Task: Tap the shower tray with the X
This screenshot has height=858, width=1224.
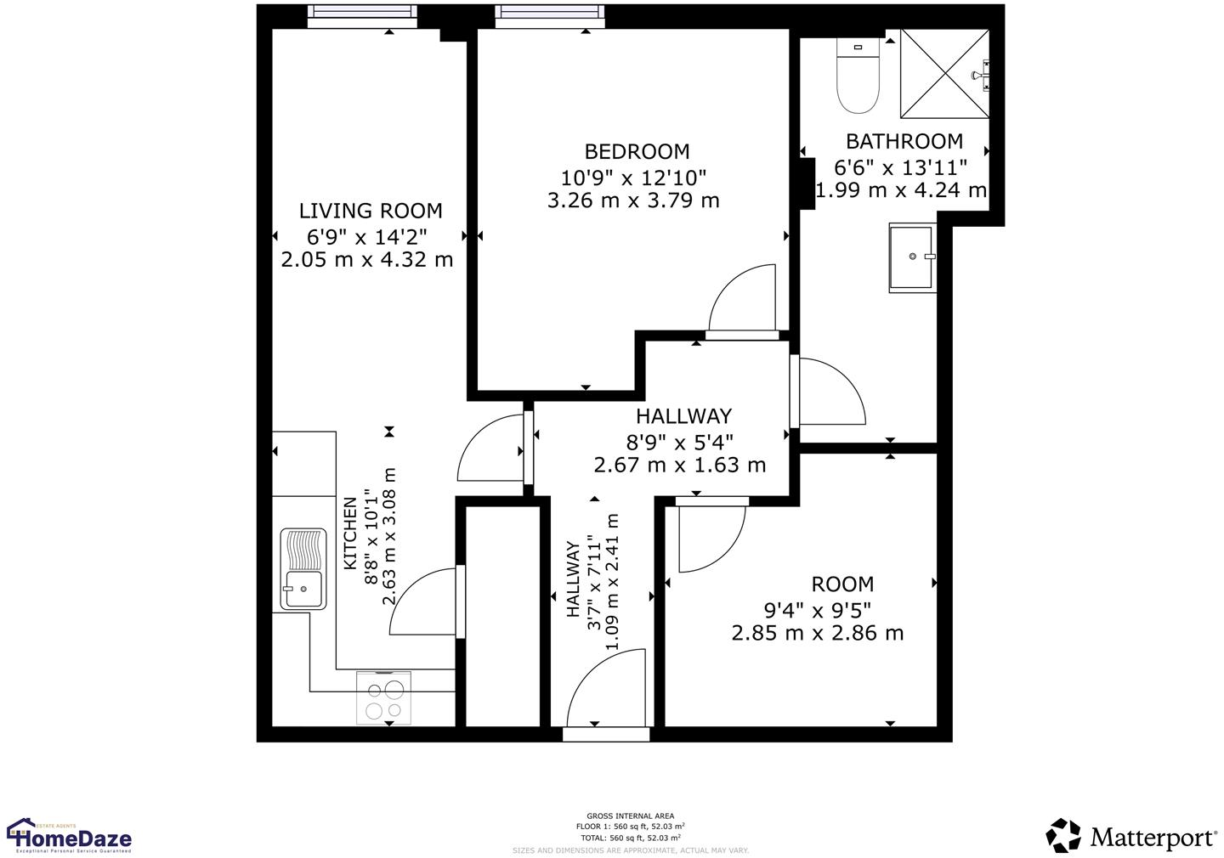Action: click(x=944, y=74)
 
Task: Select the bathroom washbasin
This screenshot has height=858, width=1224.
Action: click(x=912, y=257)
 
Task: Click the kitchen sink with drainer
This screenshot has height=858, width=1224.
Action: click(x=303, y=569)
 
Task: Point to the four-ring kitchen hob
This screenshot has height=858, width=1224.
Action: click(x=383, y=698)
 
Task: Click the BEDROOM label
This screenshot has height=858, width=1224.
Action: click(x=637, y=152)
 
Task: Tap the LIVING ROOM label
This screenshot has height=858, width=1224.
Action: click(x=371, y=211)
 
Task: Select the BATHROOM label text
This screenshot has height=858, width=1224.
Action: click(x=904, y=142)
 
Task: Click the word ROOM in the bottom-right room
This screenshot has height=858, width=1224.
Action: click(x=841, y=584)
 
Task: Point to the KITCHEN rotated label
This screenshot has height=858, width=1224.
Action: click(x=350, y=533)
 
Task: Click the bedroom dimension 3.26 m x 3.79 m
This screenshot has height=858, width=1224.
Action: click(x=633, y=200)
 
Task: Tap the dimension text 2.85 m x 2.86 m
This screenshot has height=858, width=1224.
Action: click(x=817, y=633)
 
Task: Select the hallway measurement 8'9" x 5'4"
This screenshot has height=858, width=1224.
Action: click(x=679, y=442)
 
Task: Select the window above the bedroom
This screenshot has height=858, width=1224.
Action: click(x=551, y=16)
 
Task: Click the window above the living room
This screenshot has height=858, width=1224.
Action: click(x=362, y=16)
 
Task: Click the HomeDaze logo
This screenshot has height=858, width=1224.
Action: click(x=70, y=836)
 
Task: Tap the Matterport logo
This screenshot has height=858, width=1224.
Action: click(x=1131, y=836)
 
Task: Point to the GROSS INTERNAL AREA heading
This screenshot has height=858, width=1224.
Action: click(x=630, y=816)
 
